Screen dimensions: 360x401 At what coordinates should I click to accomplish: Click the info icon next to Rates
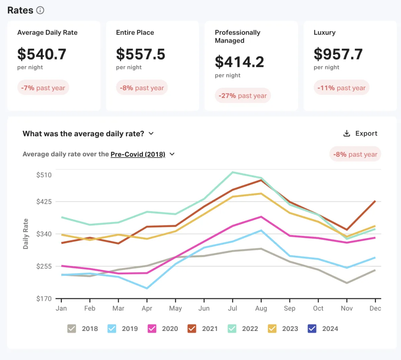coord(40,10)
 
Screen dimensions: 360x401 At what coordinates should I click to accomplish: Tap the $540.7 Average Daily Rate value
coord(42,54)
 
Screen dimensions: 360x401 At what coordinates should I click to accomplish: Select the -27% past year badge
coord(243,96)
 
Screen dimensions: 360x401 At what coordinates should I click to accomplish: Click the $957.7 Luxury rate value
coord(338,54)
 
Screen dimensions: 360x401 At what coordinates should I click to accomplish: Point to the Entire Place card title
coord(135,32)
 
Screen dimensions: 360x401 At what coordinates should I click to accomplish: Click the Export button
coord(360,134)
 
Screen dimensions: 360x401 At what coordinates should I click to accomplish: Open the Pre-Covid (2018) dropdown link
coord(138,154)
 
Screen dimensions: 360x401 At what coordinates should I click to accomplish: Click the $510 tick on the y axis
coord(44,175)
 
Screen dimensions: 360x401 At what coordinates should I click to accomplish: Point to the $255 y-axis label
coord(44,266)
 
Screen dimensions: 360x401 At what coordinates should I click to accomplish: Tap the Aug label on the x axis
coord(261,308)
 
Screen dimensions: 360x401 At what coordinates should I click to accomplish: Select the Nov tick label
coord(347,308)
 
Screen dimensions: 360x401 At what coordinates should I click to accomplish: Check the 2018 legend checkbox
coord(72,329)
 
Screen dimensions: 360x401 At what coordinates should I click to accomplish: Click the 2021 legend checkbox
coord(192,329)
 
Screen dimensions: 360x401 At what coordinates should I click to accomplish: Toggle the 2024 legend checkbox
coord(312,329)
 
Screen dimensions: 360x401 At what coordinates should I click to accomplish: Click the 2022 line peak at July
coord(233,172)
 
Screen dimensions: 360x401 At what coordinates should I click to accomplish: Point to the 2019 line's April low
coord(147,288)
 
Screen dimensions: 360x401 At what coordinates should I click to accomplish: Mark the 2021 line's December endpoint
coord(375,201)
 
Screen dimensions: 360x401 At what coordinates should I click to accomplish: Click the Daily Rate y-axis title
coord(26,234)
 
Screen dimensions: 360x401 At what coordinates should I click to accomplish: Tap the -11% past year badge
coord(341,88)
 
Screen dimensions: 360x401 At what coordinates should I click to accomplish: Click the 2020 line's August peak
coord(261,217)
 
